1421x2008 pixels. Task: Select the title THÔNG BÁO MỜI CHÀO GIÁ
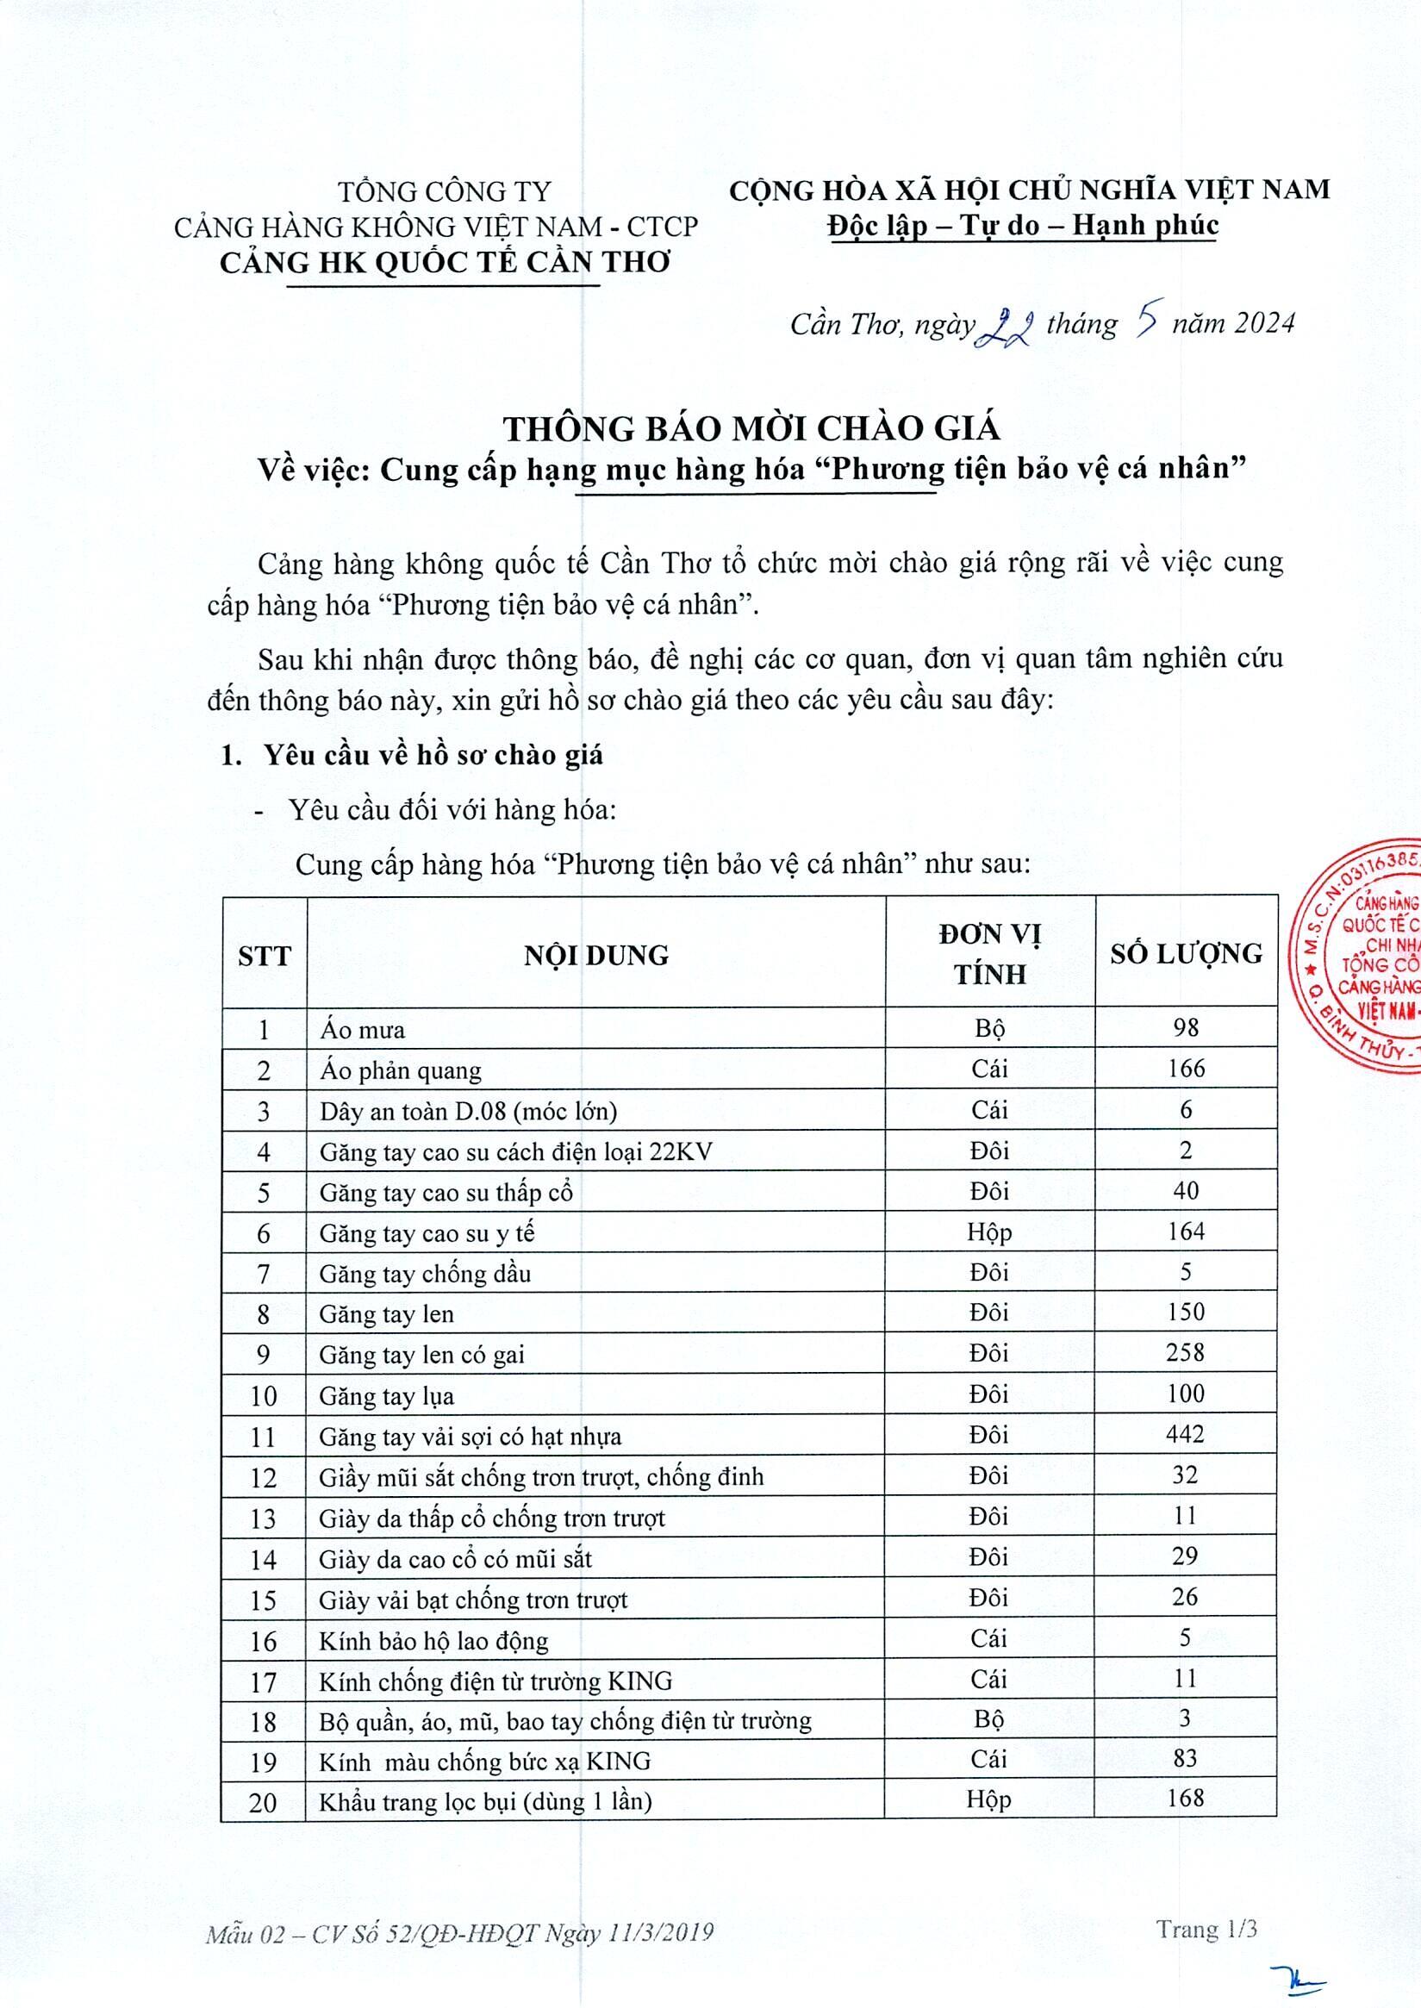(751, 428)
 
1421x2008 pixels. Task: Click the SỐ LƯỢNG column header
(1186, 954)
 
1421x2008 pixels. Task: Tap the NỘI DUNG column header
(595, 955)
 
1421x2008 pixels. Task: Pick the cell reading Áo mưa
(362, 1030)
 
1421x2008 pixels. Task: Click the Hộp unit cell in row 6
(988, 1232)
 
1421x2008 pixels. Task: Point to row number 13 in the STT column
(263, 1518)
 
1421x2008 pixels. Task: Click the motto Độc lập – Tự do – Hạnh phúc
(1023, 226)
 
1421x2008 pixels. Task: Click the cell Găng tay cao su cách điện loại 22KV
(515, 1151)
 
